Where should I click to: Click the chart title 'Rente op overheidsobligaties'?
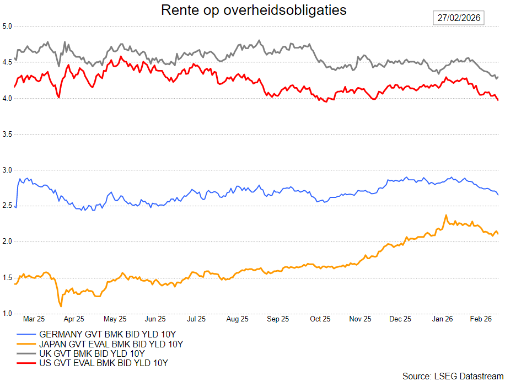click(254, 10)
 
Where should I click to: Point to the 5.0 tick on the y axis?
click(7, 26)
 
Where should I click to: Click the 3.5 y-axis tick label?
click(7, 134)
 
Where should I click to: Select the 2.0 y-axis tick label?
click(7, 242)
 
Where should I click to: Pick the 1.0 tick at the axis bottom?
click(7, 314)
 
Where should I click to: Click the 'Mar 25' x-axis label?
click(34, 319)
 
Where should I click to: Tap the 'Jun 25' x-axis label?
click(155, 319)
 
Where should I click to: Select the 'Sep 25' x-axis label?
click(278, 319)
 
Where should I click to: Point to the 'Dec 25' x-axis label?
click(400, 319)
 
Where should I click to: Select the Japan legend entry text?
click(111, 344)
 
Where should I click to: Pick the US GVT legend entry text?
click(103, 363)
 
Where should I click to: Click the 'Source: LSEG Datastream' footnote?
click(453, 375)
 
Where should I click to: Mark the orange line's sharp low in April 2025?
click(61, 306)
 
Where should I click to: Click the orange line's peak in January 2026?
click(445, 216)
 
